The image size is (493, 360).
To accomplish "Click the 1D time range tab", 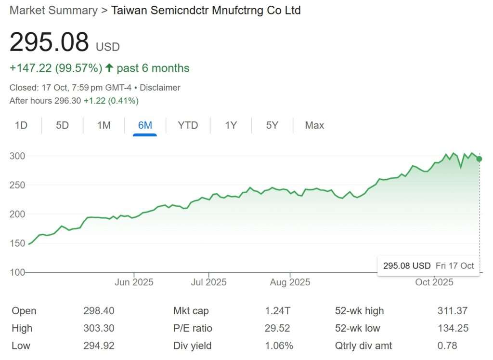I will coord(21,125).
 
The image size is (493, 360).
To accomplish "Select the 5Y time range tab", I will coord(272,125).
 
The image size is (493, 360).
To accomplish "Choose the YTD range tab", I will coord(188,125).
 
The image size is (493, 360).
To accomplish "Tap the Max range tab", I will coord(314,125).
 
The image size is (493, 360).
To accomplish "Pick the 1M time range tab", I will coord(104,125).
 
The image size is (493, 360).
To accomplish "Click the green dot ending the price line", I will coord(479,159).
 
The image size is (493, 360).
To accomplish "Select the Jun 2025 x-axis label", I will coord(134,282).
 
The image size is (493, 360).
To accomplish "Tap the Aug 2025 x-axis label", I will coord(290,282).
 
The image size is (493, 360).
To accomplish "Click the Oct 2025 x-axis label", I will coord(434,282).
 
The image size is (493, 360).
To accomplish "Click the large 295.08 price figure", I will coord(49,42).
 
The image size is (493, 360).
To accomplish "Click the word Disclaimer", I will coord(160,88).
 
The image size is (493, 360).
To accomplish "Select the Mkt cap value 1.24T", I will coord(277,311).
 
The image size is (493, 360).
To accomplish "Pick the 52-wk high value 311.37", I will coord(452,311).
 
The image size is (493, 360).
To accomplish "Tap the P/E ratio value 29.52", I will coord(277,328).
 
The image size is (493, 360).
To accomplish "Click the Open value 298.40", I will coord(99,311).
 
